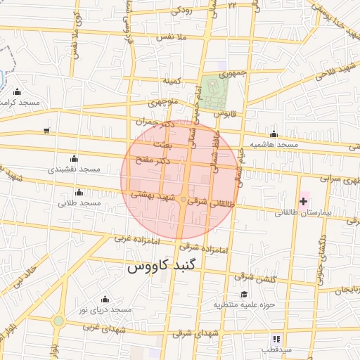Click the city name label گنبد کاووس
163,267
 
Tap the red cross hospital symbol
303,202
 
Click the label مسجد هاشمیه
278,144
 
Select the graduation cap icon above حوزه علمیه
244,294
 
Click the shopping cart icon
46,130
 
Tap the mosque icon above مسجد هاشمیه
274,134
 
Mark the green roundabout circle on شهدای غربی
58,321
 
